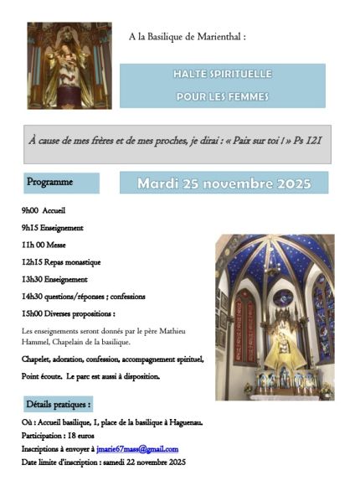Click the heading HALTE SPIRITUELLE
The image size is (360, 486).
[x=222, y=75]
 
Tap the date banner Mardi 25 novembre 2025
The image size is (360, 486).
[x=224, y=183]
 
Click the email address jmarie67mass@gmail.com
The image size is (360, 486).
[x=137, y=449]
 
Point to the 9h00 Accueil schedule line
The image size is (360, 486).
[x=44, y=211]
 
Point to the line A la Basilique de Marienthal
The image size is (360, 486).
[x=187, y=37]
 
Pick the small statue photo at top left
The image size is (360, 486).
[x=58, y=65]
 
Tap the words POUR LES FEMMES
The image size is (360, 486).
[x=222, y=96]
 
